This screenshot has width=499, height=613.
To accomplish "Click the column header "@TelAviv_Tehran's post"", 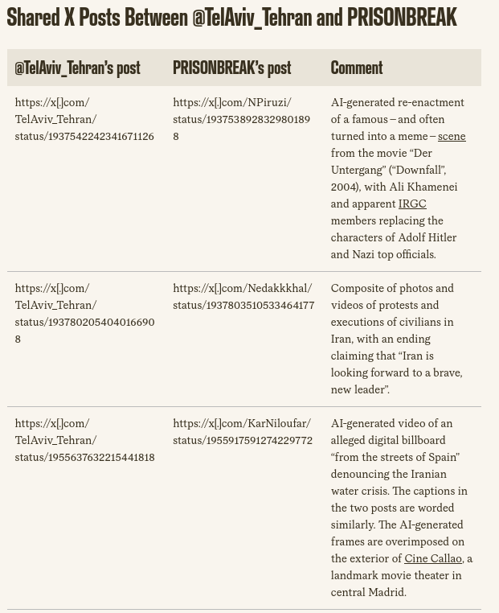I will [77, 68].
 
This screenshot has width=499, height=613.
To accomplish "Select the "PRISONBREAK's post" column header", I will [231, 68].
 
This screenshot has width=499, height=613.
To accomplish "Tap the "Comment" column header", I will [356, 68].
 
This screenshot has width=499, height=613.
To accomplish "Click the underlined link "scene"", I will [452, 136].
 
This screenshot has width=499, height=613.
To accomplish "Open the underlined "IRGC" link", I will [412, 204].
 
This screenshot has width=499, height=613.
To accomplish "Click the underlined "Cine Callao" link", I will [433, 558].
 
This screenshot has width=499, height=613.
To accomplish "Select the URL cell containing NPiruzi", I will [241, 119].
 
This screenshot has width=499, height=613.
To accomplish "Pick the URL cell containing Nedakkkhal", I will [243, 296].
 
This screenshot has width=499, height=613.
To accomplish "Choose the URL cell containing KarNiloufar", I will [242, 431].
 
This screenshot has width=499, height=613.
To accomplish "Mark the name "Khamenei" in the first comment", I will [432, 187].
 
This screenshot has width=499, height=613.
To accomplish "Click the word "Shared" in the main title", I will [33, 17].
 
